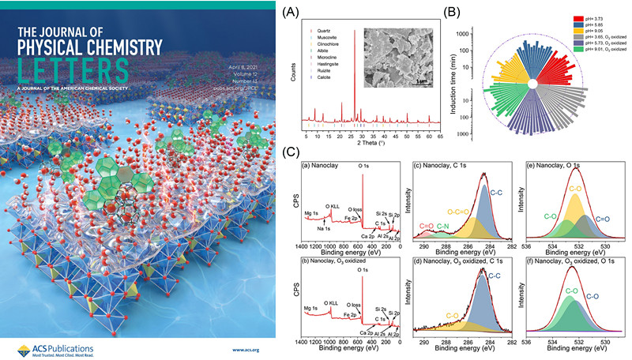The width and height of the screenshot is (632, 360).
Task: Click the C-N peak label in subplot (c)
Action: tap(442, 225)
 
